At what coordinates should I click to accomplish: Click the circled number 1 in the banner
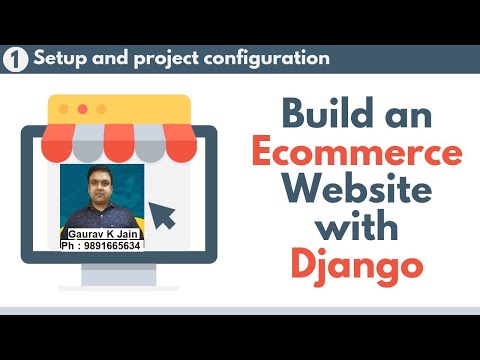pos(15,58)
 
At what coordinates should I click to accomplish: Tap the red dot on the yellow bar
pos(84,108)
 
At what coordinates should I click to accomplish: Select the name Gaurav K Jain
pos(102,232)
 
